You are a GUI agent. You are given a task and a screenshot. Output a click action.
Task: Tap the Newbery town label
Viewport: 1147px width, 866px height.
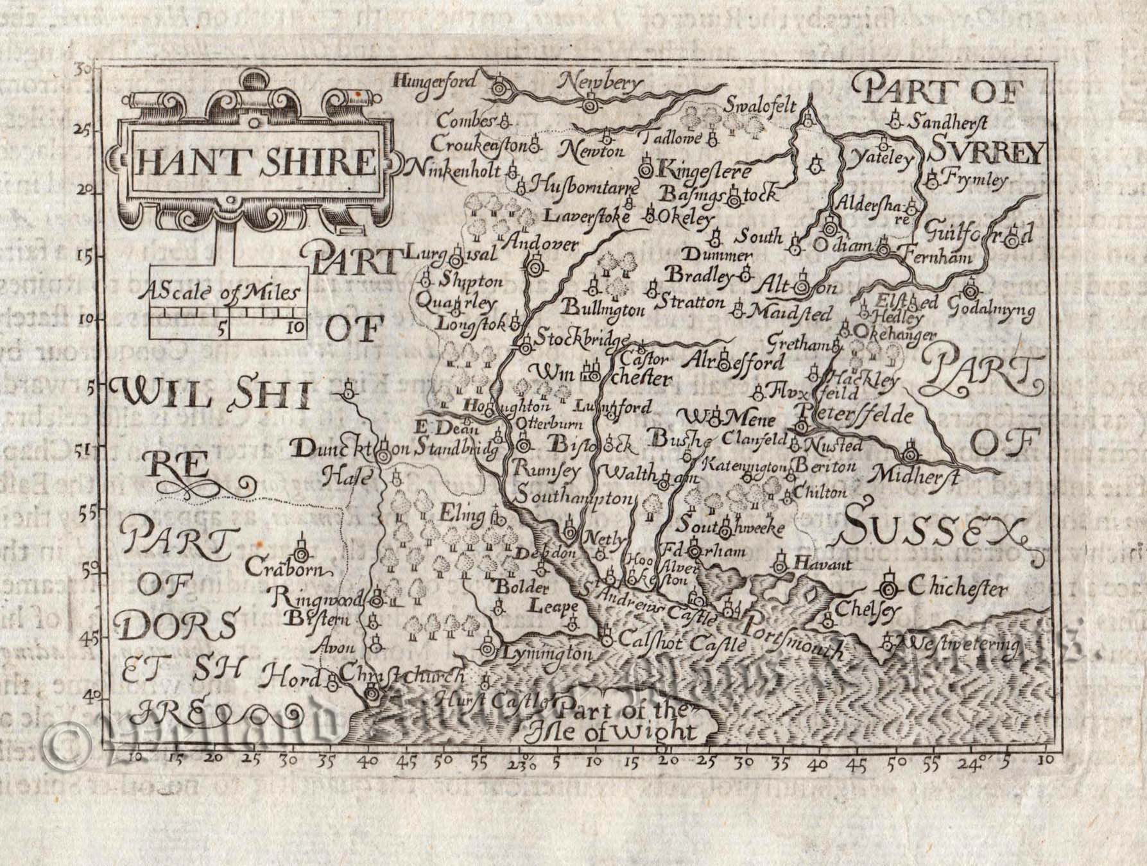[600, 83]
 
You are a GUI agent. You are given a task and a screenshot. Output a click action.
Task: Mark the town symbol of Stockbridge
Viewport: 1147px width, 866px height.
[526, 347]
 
